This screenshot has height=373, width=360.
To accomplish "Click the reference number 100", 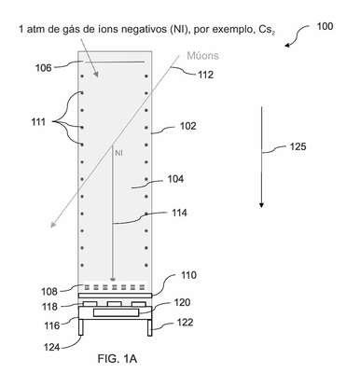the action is pos(325,26).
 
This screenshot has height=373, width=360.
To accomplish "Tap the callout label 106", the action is pos(44,68).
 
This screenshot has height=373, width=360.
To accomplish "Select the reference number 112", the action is pos(206,75).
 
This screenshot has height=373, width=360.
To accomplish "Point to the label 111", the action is pos(38,122).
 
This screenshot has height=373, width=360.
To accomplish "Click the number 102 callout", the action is pos(188,126).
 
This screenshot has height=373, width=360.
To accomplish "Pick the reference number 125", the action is pos(298,146).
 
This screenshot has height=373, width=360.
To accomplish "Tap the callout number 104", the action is pos(175,179).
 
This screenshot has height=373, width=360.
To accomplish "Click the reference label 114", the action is pos(179,213).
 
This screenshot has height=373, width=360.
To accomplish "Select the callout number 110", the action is pos(188,275).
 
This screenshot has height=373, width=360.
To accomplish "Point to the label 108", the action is pos(49,292).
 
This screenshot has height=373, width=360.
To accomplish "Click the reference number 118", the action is pos(49,307).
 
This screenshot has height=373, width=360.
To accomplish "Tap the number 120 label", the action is pos(182,302).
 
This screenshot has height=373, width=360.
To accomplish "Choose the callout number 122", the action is pos(185,323).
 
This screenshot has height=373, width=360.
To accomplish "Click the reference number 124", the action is pos(52,347).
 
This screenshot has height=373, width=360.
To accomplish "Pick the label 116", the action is pos(51,325).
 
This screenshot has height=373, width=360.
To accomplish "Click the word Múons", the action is pos(202,56).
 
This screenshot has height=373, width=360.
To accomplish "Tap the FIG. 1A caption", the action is pos(118,359).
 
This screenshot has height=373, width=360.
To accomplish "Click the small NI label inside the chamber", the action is pos(118,153).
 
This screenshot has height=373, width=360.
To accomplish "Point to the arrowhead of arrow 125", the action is pos(261,205).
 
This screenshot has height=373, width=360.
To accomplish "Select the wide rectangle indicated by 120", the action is pos(116,312).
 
